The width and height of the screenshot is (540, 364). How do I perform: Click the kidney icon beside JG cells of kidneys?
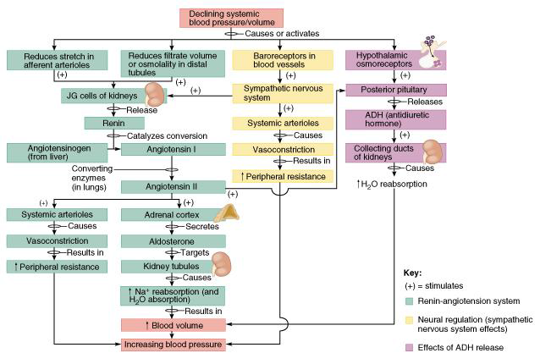[x=157, y=93]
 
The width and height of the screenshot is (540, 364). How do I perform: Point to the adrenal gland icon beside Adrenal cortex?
[x=226, y=212]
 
